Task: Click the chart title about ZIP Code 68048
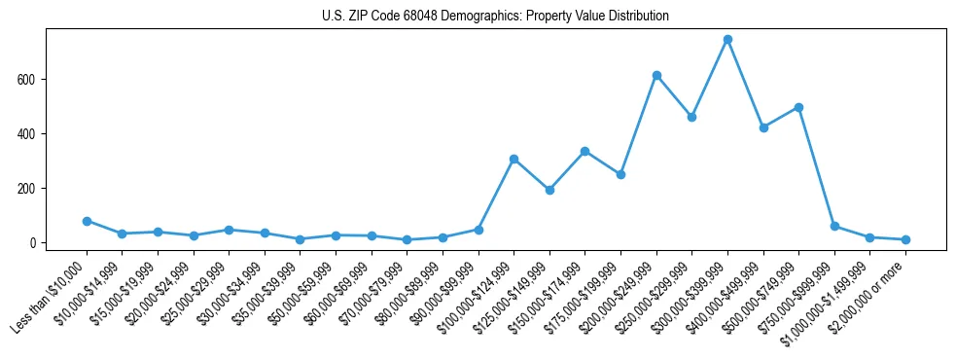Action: [495, 17]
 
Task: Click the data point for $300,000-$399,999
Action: [727, 40]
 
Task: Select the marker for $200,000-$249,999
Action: [656, 75]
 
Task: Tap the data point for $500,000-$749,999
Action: [798, 107]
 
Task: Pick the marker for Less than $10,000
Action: [87, 221]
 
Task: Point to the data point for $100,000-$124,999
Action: [513, 159]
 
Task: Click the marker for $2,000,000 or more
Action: [905, 239]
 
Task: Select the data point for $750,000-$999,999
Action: [834, 226]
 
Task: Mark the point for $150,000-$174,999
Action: [584, 151]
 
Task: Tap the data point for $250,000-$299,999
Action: [691, 117]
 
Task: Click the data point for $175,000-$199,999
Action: [620, 174]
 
